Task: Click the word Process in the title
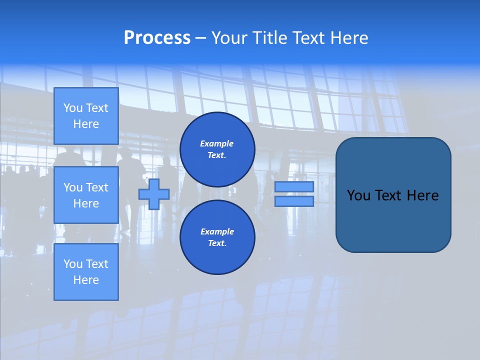pos(157,38)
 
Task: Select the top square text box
pos(86,116)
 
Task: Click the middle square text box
pos(86,195)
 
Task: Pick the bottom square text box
pos(86,272)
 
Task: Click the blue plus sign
pos(154,194)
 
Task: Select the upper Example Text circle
pos(217,149)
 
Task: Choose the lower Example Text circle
pos(217,237)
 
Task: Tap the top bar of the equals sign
pos(294,186)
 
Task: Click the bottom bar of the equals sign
pos(294,201)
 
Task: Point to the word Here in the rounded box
pos(422,195)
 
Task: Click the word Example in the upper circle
pos(217,143)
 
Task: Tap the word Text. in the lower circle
pos(217,243)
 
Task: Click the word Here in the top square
pos(86,124)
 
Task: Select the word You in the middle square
pos(72,187)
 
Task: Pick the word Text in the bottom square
pos(96,264)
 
